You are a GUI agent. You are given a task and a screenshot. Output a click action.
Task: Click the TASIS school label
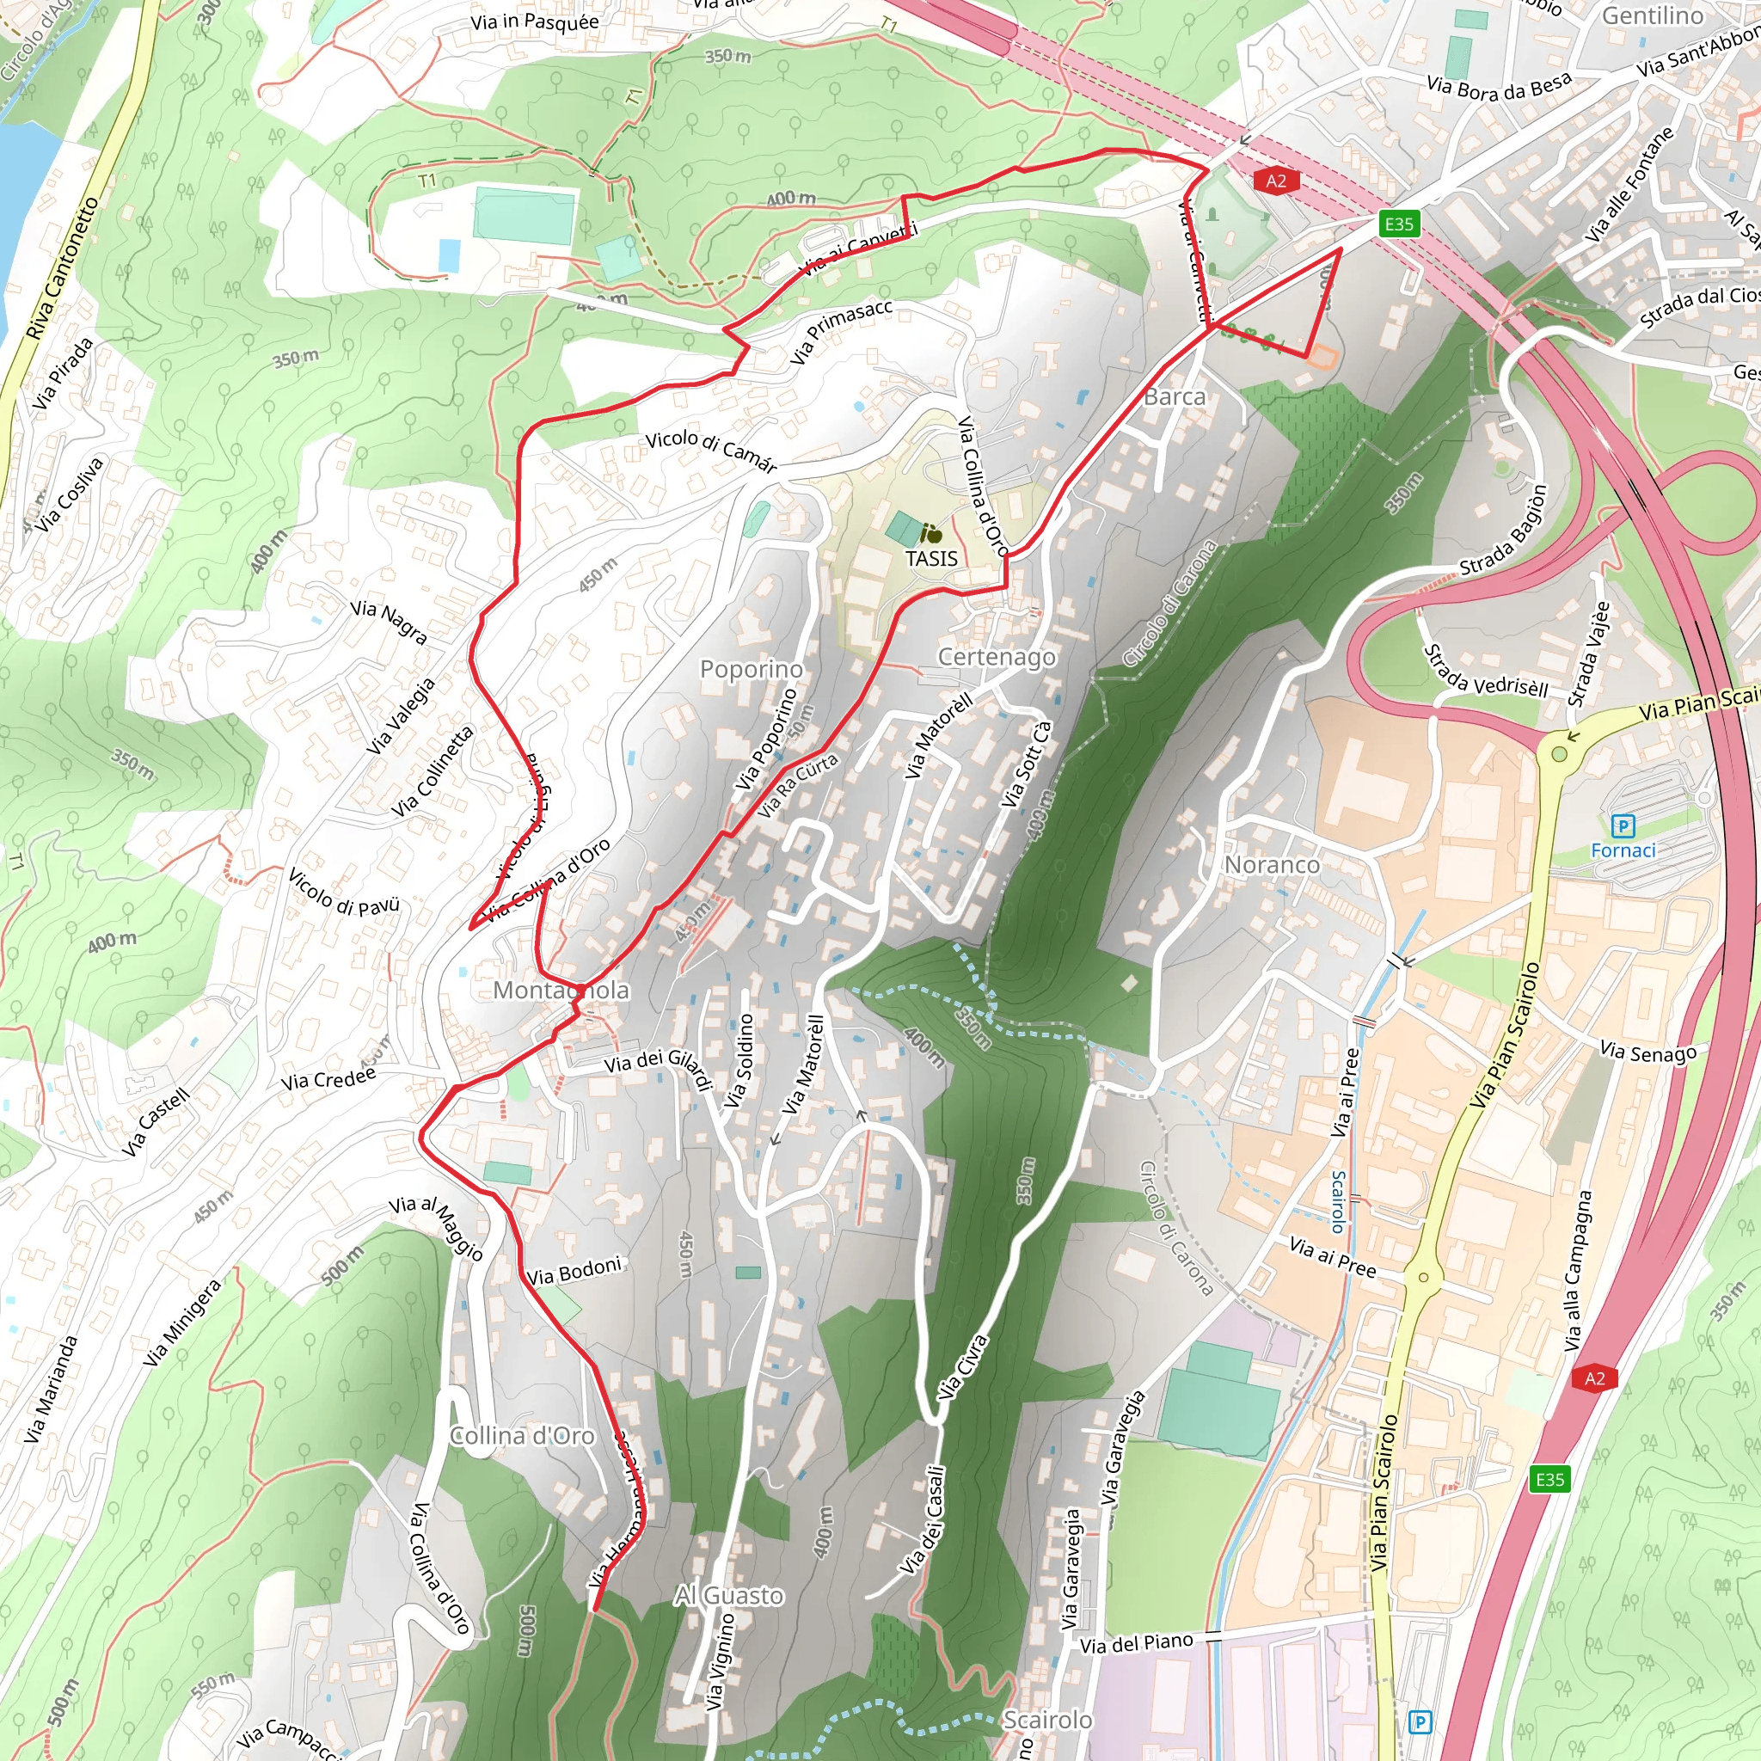click(x=930, y=558)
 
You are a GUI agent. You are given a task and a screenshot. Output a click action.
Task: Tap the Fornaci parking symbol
click(x=1623, y=826)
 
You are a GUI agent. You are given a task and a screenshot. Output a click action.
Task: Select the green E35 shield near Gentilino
click(x=1399, y=224)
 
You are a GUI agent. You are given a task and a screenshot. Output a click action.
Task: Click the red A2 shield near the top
click(x=1276, y=181)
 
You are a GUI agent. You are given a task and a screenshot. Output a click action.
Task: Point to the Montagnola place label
click(x=561, y=990)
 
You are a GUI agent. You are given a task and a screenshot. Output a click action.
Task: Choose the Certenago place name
click(x=997, y=656)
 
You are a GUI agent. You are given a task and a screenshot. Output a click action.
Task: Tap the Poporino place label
click(x=751, y=668)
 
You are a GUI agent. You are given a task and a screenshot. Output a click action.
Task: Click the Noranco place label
click(x=1272, y=864)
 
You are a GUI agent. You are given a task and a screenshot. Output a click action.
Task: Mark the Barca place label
click(x=1174, y=396)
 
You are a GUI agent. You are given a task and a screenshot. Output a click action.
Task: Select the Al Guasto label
click(x=729, y=1595)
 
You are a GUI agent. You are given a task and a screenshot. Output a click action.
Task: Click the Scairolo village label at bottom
click(x=1047, y=1719)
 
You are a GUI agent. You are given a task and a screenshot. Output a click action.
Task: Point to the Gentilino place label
click(x=1653, y=15)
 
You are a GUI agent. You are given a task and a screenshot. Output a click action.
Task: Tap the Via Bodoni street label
click(x=574, y=1271)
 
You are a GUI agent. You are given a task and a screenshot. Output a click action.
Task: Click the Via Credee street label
click(x=328, y=1079)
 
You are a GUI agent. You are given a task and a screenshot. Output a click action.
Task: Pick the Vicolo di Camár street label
click(x=711, y=451)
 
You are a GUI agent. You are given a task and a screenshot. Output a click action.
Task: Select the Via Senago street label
click(x=1648, y=1052)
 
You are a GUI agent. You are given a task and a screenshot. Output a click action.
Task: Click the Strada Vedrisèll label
click(x=1486, y=672)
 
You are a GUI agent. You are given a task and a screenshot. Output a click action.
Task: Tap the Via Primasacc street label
click(x=840, y=332)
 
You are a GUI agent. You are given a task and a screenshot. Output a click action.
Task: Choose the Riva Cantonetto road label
click(x=61, y=269)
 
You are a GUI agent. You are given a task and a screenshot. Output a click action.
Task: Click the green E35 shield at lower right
click(x=1549, y=1478)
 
